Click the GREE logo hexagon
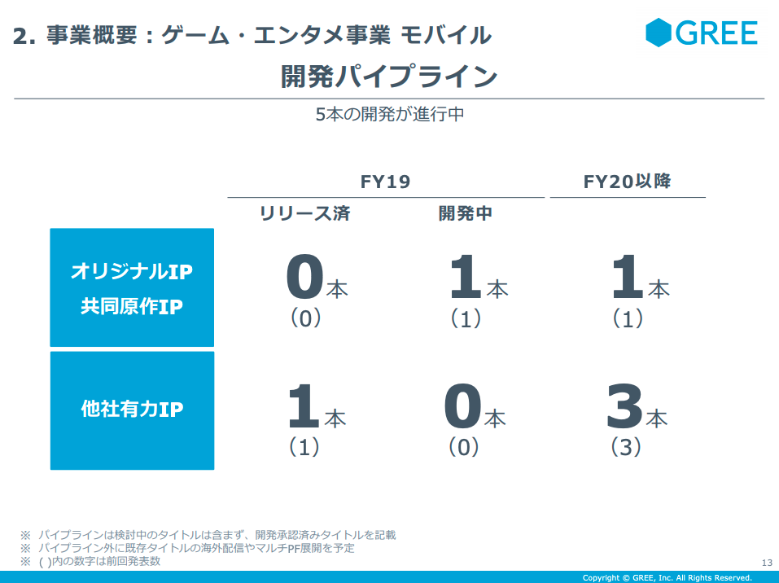pos(659,33)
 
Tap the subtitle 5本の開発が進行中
pos(390,114)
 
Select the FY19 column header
pos(386,182)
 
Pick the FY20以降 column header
pos(627,182)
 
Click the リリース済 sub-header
pos(305,213)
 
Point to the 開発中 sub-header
pos(466,213)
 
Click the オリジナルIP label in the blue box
pos(132,271)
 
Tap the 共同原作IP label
pos(132,306)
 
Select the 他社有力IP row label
pos(132,409)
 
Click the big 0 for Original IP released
pos(305,276)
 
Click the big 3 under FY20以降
pos(624,405)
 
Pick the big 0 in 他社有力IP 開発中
pos(463,405)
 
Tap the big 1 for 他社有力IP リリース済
pos(304,405)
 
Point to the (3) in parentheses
pos(625,447)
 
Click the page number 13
pos(767,563)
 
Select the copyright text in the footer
pos(667,577)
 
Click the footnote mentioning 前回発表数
pos(90,562)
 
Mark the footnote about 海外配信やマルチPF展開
pos(187,548)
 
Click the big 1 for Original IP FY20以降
pos(628,276)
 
